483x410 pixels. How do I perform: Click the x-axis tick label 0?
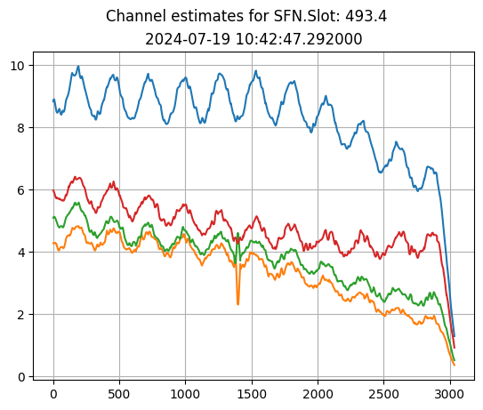pos(53,394)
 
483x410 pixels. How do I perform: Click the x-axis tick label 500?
pos(119,394)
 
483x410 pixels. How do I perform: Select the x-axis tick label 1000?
pos(185,394)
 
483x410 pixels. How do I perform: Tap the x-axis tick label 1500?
pos(252,394)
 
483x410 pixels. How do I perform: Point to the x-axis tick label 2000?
pos(318,394)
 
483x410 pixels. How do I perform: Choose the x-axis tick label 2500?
pos(383,394)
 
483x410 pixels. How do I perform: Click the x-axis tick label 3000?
pos(449,394)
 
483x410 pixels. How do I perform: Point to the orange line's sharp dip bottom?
pos(237,304)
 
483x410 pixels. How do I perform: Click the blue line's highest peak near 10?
pos(78,67)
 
